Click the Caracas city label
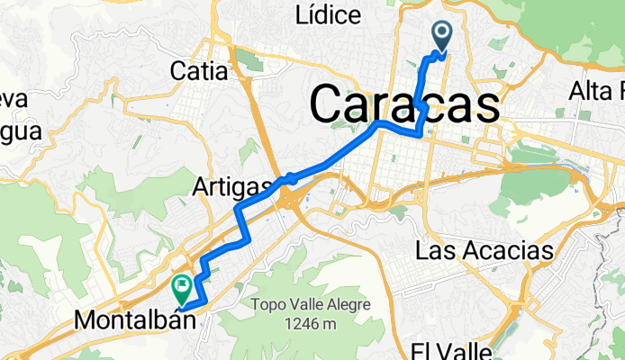click(x=404, y=105)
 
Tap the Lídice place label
click(x=328, y=15)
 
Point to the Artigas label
click(x=231, y=186)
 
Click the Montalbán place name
click(x=135, y=319)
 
